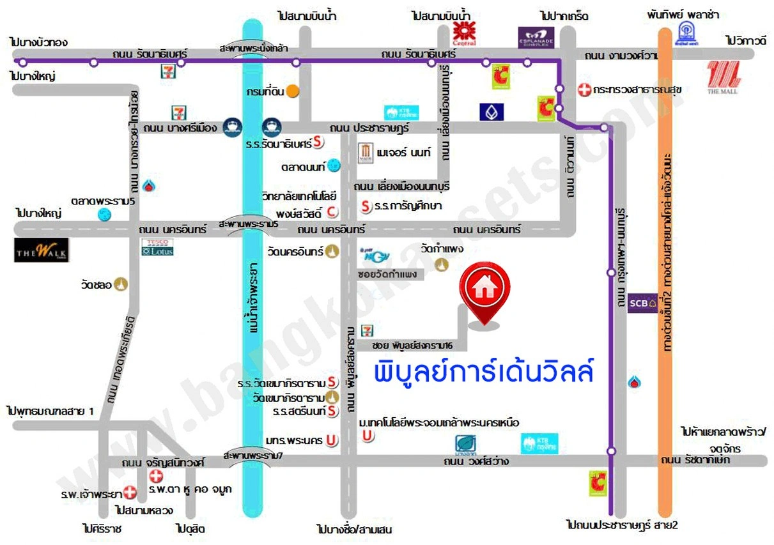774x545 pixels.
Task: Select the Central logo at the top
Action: [x=464, y=33]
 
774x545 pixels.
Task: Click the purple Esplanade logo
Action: [x=536, y=38]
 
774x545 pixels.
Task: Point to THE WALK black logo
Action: [x=42, y=250]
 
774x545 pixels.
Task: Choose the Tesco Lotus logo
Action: [x=157, y=247]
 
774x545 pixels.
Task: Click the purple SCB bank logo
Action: [x=642, y=300]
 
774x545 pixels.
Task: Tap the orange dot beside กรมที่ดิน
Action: [x=292, y=91]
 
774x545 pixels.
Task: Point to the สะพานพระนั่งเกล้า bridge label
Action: [x=254, y=49]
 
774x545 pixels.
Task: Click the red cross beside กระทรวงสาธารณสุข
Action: [x=584, y=90]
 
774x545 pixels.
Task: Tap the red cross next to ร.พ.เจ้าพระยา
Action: [x=130, y=493]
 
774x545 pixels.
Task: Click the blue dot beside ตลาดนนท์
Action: [x=334, y=166]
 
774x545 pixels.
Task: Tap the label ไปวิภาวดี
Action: [x=745, y=40]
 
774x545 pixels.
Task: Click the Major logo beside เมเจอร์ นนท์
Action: [x=365, y=153]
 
